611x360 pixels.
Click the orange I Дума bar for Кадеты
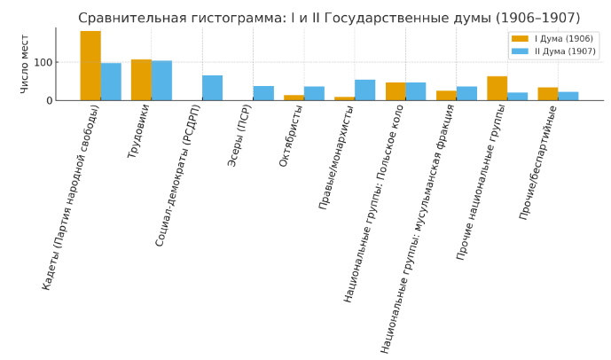[x=90, y=66]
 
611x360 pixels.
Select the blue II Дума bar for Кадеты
[x=111, y=82]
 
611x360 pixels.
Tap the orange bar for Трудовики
[x=141, y=80]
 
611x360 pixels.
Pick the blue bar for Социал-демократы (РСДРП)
[x=213, y=88]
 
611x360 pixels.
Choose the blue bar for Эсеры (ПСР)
[x=263, y=93]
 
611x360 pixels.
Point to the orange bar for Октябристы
[x=294, y=98]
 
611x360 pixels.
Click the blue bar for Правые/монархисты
[x=365, y=90]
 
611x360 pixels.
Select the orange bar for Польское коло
[x=396, y=91]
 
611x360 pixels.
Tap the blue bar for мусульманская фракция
[x=466, y=93]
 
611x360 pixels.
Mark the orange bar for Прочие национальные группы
[x=497, y=89]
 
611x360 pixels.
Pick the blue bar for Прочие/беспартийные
[x=568, y=96]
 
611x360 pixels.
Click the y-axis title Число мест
[x=25, y=64]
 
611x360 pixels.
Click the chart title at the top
[x=329, y=18]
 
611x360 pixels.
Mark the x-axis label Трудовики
[x=138, y=131]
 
